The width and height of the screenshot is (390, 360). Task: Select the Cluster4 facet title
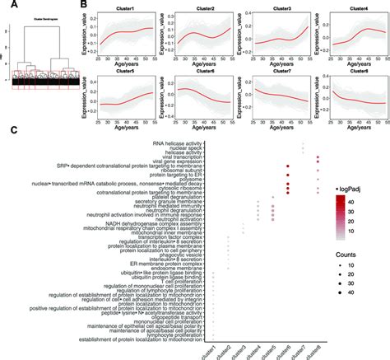[x=354, y=6]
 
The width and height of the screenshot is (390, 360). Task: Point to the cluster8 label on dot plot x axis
[x=313, y=345]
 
